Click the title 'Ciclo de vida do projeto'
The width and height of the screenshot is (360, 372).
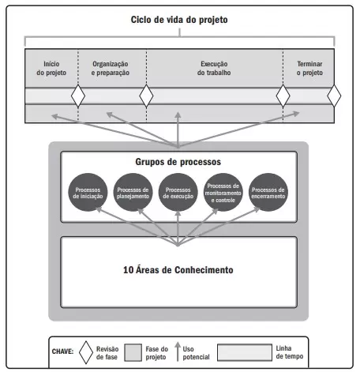click(x=179, y=20)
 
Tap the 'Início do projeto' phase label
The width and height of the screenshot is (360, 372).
click(x=51, y=68)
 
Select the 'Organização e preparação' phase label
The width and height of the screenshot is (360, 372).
click(x=111, y=68)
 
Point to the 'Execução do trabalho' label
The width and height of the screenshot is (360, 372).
click(x=214, y=68)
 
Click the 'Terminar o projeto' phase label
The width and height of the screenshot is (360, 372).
click(x=309, y=68)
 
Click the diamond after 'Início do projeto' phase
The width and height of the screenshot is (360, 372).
click(x=78, y=96)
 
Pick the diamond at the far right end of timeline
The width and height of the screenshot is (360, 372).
click(x=334, y=96)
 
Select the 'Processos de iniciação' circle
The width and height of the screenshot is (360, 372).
click(x=88, y=192)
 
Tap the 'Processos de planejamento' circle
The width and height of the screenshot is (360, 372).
click(x=133, y=192)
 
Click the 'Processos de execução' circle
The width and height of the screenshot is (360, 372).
click(x=178, y=192)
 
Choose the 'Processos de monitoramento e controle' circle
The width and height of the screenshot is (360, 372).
click(x=223, y=192)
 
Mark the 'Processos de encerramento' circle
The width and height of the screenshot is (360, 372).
click(x=268, y=192)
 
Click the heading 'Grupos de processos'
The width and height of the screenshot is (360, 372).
click(x=178, y=162)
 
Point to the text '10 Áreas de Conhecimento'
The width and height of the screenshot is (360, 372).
click(x=178, y=270)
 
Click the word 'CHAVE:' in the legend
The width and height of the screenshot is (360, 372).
click(x=62, y=351)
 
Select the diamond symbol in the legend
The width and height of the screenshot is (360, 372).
click(x=86, y=352)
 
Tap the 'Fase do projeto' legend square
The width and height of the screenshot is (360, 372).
click(x=133, y=352)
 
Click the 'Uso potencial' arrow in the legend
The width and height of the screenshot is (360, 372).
click(x=178, y=351)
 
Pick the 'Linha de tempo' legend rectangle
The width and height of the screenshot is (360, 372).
click(x=245, y=352)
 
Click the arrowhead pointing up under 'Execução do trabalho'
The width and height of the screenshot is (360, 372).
click(x=178, y=115)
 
